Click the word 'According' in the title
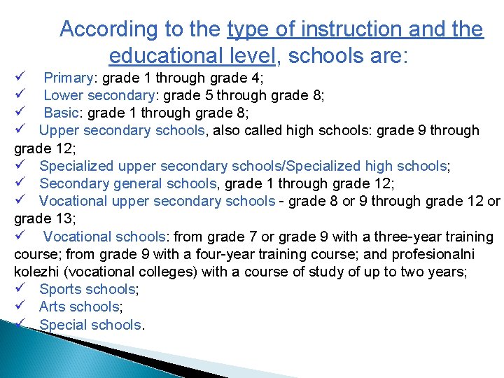[x=99, y=29]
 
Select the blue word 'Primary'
[x=69, y=78]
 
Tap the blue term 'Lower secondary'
[x=99, y=95]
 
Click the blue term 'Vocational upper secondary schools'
[x=157, y=202]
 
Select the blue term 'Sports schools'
[x=87, y=289]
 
